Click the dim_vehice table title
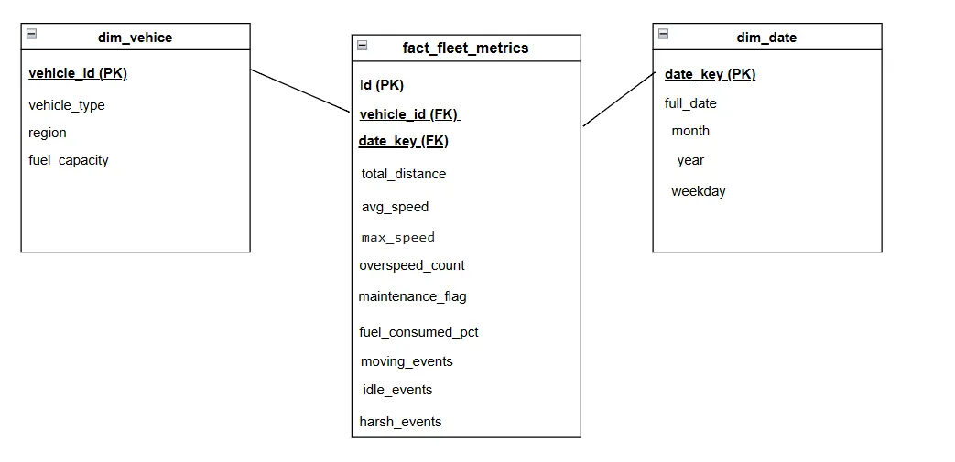click(x=135, y=38)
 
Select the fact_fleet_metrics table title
click(x=465, y=48)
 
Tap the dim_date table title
click(x=766, y=38)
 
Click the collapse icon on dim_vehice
click(x=32, y=34)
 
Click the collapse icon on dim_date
click(x=663, y=34)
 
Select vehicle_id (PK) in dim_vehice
click(x=78, y=74)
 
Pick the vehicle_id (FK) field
click(x=409, y=114)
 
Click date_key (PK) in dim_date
click(x=711, y=74)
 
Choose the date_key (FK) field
click(x=403, y=141)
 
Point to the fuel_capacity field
click(x=68, y=160)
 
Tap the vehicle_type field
click(x=67, y=105)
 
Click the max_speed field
click(x=398, y=237)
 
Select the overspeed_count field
click(x=412, y=265)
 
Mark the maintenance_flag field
click(x=412, y=296)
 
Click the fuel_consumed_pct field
click(x=419, y=332)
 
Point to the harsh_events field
click(x=400, y=422)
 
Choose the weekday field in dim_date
click(x=699, y=191)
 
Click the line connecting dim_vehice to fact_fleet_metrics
click(x=300, y=91)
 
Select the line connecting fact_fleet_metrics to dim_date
click(x=619, y=99)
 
